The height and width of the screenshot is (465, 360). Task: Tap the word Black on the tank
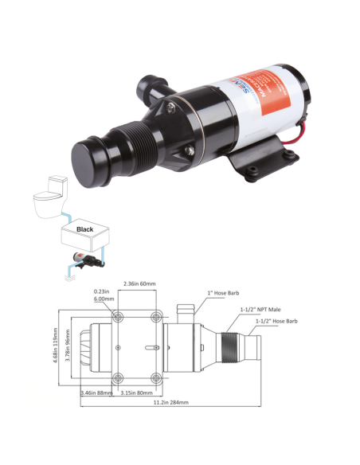click(x=84, y=229)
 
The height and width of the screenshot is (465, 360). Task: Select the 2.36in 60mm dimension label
click(x=140, y=282)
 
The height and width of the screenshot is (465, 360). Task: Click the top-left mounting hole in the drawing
click(x=118, y=318)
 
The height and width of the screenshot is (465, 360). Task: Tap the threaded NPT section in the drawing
click(x=229, y=348)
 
